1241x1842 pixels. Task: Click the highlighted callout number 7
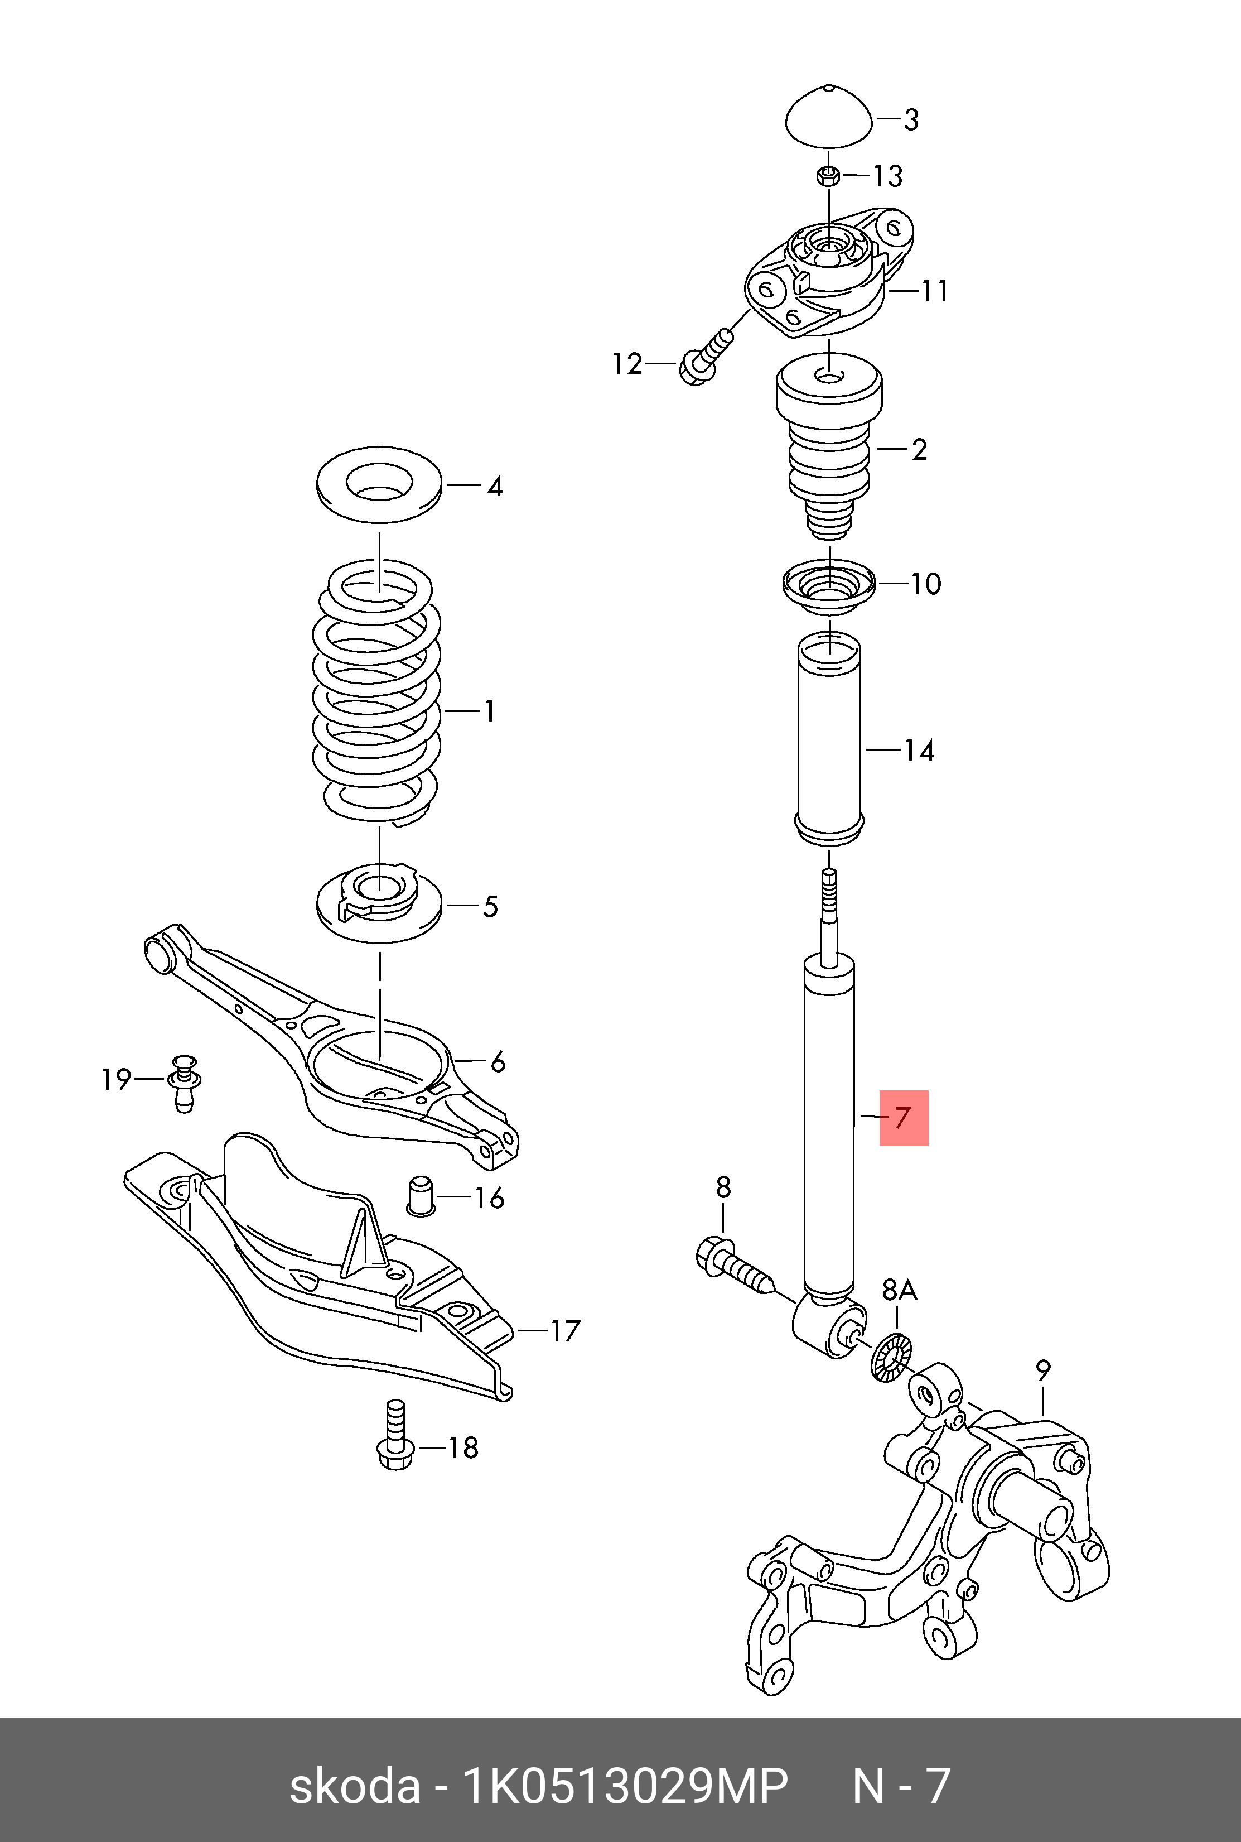[x=903, y=1118]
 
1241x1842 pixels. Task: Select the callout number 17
[x=565, y=1331]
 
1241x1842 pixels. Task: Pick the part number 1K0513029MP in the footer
[x=625, y=1786]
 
